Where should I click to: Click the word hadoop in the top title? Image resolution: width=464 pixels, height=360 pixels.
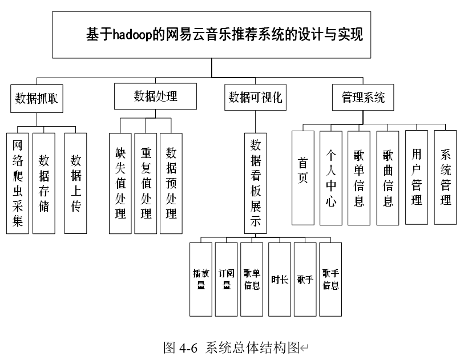tap(132, 34)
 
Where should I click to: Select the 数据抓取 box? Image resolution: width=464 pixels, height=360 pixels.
tap(37, 99)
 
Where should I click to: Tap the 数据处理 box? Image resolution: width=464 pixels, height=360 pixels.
tap(155, 96)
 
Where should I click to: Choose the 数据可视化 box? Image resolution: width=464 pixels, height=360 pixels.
tap(255, 98)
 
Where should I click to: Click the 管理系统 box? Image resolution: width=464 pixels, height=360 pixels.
tap(363, 98)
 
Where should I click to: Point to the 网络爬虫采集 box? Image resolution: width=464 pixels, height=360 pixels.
tap(18, 183)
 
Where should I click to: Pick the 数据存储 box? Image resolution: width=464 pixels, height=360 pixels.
tap(44, 183)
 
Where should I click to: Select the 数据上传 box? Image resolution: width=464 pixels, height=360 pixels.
tap(75, 183)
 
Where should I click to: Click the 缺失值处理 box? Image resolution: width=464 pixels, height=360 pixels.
tap(120, 183)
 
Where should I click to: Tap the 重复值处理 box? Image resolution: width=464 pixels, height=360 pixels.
tap(146, 183)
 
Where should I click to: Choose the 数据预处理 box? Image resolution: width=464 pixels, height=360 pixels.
tap(171, 183)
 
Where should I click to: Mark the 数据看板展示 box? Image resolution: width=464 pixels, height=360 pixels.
tap(255, 183)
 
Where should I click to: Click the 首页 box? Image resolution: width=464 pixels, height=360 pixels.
tap(303, 178)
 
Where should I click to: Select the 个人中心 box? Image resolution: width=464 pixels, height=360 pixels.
tap(331, 178)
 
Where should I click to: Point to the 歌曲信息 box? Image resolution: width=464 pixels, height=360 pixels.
tap(388, 178)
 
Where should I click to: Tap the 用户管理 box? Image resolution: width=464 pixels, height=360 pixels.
tap(417, 177)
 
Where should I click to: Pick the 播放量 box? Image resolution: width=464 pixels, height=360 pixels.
tap(201, 280)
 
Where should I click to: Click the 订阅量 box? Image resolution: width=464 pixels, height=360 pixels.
tap(227, 280)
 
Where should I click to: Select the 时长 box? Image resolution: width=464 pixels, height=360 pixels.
tap(280, 280)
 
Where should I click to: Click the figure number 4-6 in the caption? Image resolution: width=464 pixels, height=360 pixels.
tap(188, 348)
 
